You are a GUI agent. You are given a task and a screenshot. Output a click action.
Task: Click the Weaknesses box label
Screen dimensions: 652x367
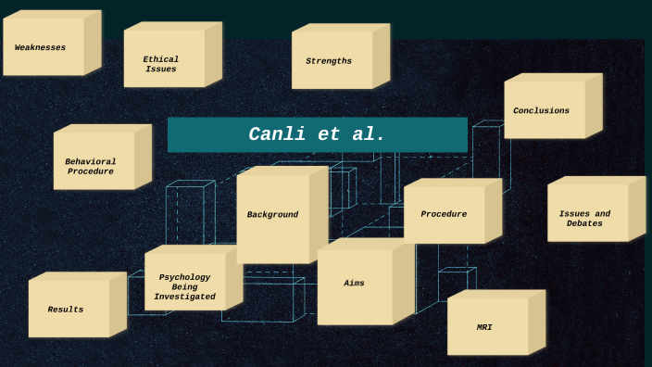pos(40,47)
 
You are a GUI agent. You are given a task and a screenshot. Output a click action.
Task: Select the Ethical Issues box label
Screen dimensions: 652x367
pos(160,64)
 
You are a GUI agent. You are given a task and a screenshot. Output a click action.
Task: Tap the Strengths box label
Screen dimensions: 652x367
pos(329,61)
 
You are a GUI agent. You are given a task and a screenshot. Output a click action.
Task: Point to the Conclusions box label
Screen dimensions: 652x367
pos(541,111)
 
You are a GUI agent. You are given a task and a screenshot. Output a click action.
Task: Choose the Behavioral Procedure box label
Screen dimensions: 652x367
pos(90,167)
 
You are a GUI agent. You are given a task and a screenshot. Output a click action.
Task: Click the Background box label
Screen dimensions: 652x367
pos(272,215)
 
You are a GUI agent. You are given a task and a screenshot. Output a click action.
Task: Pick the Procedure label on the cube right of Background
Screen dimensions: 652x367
pos(444,214)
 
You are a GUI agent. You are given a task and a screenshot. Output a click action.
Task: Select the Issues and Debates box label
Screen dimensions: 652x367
pos(584,219)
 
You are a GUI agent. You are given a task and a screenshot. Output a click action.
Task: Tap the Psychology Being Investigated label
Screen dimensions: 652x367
pos(184,287)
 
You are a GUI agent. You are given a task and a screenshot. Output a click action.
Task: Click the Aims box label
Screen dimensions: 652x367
pos(354,283)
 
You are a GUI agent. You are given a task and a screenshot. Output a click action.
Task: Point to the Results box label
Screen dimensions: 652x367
pos(66,310)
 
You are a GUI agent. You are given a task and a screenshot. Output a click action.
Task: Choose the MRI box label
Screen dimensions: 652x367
pos(484,327)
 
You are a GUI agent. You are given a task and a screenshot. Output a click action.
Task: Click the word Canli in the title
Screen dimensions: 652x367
pos(279,134)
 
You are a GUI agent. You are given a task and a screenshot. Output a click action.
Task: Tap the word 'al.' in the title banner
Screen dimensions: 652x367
pos(368,134)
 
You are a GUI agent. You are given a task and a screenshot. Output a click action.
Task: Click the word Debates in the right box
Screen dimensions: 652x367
pos(584,223)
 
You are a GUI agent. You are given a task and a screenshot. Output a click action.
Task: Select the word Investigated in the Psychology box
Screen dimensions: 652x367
pos(184,297)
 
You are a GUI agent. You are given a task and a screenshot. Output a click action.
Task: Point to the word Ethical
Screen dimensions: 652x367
pos(160,59)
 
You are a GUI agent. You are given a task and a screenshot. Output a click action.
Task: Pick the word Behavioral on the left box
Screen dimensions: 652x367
pos(90,161)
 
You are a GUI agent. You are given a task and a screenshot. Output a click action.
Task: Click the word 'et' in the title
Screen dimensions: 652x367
pos(329,134)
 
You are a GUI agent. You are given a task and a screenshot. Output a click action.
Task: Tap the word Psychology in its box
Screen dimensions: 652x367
pos(184,277)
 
